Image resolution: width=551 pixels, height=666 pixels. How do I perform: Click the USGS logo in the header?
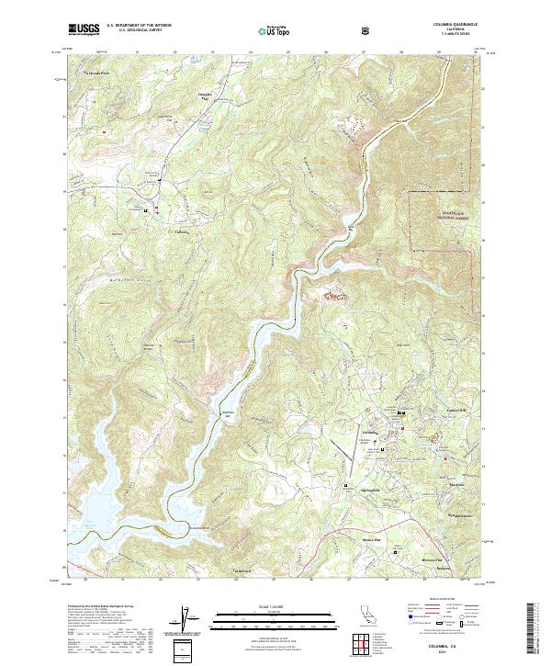(x=84, y=29)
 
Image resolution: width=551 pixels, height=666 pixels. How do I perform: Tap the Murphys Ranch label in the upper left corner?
(x=97, y=71)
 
